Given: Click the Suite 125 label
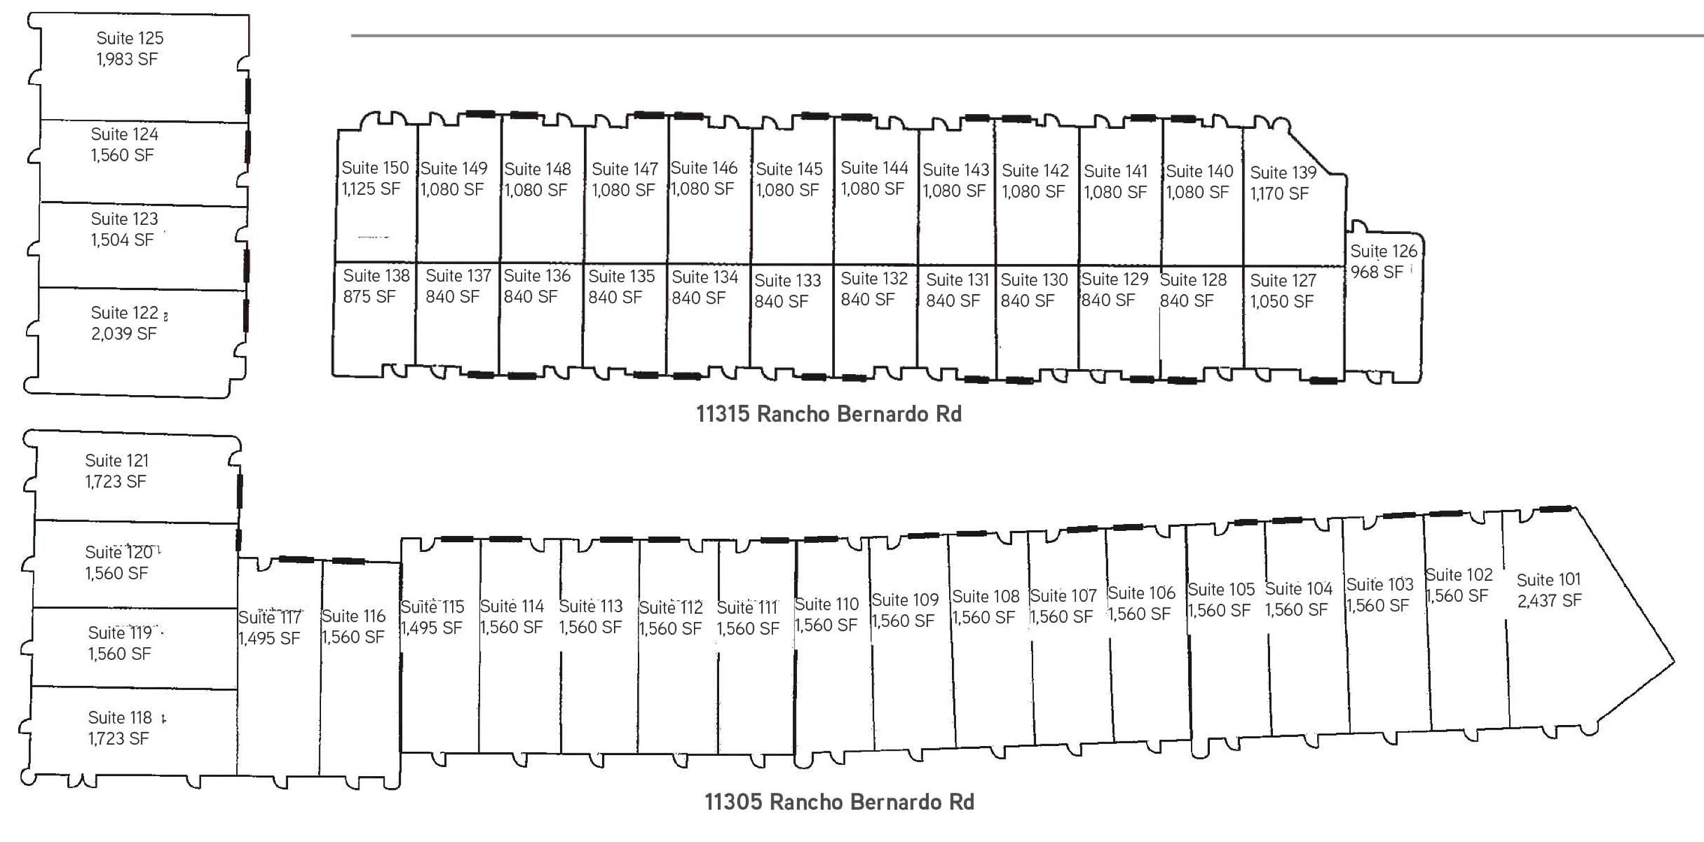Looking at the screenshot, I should [130, 39].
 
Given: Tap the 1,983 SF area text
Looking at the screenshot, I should [127, 60].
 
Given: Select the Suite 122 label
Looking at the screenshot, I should [124, 312].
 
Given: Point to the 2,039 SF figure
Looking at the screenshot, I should [124, 333].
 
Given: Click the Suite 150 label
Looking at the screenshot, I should [375, 168].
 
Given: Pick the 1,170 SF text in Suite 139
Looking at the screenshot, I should [1279, 194].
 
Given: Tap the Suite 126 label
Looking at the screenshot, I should [1383, 252].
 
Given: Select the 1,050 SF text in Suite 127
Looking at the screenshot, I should [1281, 301].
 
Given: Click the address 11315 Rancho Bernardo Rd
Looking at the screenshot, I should [828, 414].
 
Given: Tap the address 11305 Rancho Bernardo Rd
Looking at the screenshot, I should [839, 802].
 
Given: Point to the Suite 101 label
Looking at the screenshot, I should [1548, 580].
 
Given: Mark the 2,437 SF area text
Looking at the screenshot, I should [1548, 601].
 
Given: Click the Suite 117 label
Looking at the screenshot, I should [270, 617].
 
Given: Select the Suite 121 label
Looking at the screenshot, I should [116, 460].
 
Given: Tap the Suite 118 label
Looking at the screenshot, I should [120, 718].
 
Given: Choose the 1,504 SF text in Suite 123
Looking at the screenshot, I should [122, 240].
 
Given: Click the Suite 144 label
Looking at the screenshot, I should [874, 168].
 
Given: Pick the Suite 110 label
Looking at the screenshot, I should [826, 605].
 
